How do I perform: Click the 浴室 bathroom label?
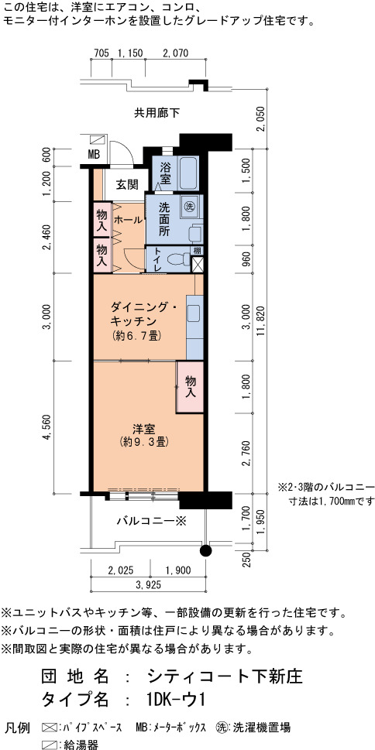(166, 173)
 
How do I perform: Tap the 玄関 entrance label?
(127, 185)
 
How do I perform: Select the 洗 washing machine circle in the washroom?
(189, 207)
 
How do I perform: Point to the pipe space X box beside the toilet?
(198, 265)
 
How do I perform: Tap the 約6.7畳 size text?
(137, 336)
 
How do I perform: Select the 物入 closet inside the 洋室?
(190, 387)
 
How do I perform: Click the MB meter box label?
(94, 155)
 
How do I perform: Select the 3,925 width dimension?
(148, 584)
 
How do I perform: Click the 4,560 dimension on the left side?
(47, 427)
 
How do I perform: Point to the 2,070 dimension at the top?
(175, 53)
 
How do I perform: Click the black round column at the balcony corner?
(205, 550)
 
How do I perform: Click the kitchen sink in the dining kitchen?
(194, 313)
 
